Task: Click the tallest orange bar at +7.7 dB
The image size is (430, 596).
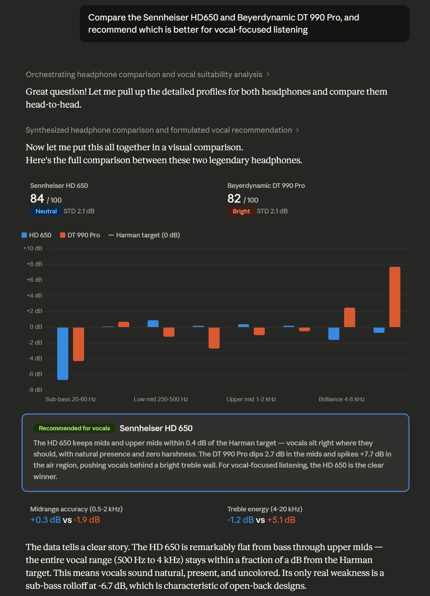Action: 394,297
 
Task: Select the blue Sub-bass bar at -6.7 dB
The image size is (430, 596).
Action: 63,353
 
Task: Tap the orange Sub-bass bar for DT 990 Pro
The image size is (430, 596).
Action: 78,344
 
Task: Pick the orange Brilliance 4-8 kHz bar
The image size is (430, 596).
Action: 349,317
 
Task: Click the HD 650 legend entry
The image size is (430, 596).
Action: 37,235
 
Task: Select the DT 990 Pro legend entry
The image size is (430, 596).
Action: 80,235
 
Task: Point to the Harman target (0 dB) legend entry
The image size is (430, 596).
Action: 144,235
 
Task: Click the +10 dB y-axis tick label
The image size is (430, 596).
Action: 33,248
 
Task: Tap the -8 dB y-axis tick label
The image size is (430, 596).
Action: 35,390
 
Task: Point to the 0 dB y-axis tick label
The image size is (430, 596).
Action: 36,327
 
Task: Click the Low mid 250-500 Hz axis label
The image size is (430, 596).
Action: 161,399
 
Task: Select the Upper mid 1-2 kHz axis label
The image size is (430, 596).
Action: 251,399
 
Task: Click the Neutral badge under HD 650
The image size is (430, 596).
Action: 46,211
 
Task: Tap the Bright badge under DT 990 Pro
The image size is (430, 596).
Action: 241,211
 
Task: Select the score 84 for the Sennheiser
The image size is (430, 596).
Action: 37,199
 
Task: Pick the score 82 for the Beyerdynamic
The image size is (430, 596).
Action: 234,199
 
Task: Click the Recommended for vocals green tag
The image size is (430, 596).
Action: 74,428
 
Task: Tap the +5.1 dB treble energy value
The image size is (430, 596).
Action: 281,520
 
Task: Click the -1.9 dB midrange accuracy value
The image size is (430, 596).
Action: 87,520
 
